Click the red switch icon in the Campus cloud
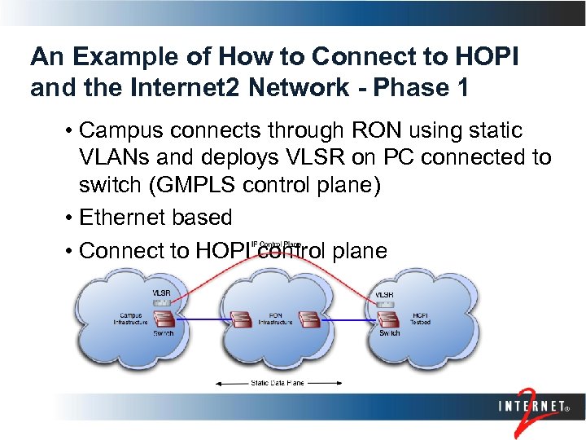(164, 316)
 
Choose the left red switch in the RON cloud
(242, 319)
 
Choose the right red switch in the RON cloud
(310, 319)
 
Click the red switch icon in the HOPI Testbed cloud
(388, 316)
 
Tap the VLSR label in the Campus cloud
(161, 293)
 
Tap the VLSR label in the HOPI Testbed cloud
(385, 294)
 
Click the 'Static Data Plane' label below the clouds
(278, 382)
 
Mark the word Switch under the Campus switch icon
(164, 334)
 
